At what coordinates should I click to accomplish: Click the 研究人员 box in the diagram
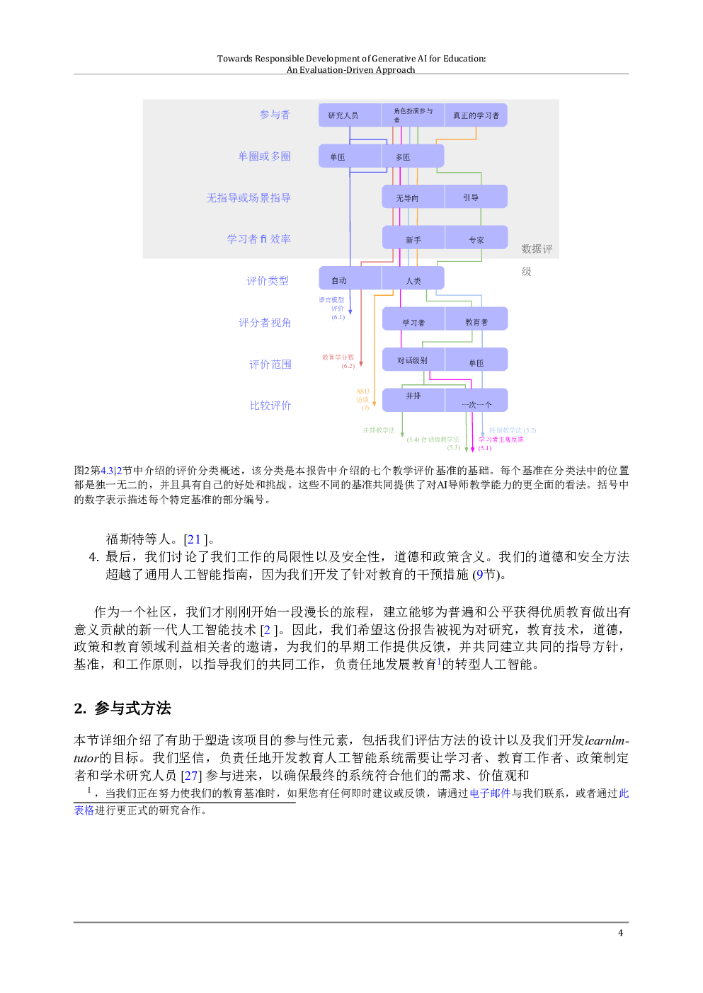tap(343, 115)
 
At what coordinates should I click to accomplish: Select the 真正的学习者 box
tap(476, 115)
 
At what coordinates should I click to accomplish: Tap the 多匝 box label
tap(403, 157)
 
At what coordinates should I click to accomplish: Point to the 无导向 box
tap(407, 198)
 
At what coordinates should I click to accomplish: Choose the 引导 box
tap(471, 197)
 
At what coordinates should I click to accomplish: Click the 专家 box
tap(476, 240)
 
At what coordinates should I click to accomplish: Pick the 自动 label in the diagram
tap(339, 280)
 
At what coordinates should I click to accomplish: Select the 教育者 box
tap(476, 322)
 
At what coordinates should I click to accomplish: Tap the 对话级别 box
tap(412, 360)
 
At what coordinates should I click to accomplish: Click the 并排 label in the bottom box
tap(413, 396)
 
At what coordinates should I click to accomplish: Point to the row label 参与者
tap(275, 115)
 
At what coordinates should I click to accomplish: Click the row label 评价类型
tap(268, 281)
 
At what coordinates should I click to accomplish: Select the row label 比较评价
tap(270, 406)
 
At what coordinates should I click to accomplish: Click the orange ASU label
tap(362, 391)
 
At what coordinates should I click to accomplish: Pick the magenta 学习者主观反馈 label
tap(501, 440)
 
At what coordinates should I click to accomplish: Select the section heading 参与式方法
tap(132, 708)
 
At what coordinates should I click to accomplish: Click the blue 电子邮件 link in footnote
tap(490, 793)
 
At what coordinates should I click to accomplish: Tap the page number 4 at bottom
tap(620, 933)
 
